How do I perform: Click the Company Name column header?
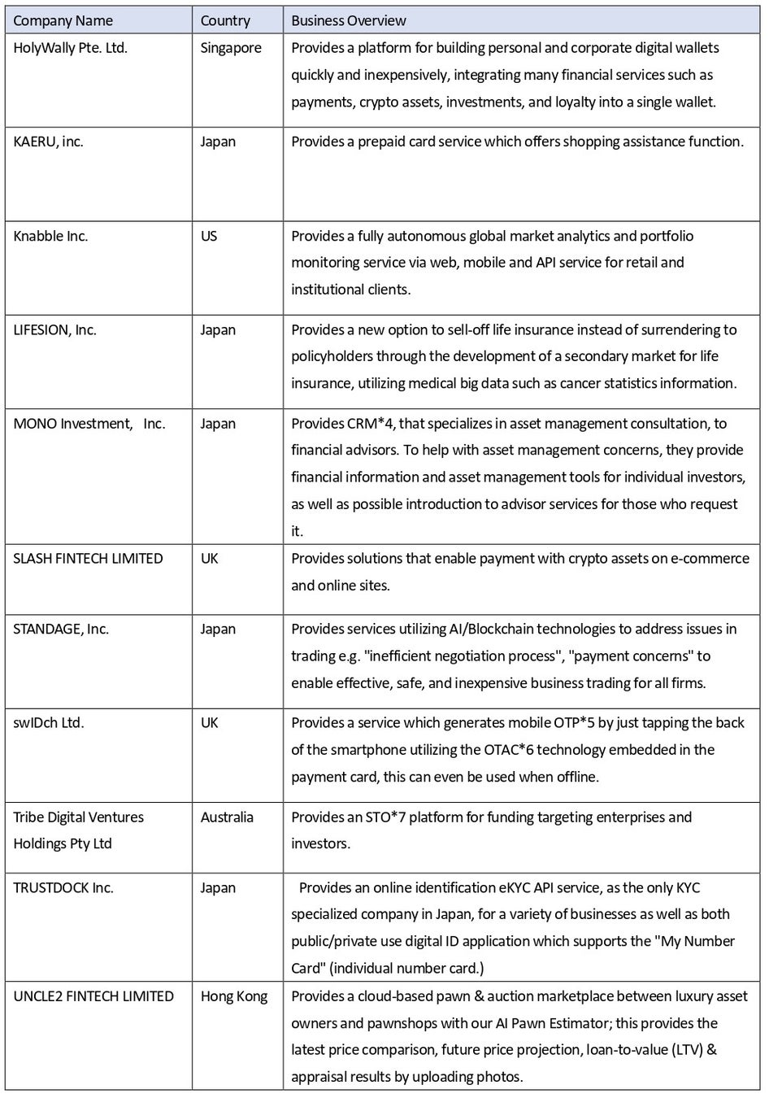[x=63, y=20]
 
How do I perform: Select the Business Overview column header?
[x=349, y=20]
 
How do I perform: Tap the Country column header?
[x=225, y=20]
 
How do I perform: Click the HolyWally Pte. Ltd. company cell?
[x=70, y=48]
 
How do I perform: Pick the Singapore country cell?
[x=231, y=48]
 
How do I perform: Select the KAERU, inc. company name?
[x=48, y=142]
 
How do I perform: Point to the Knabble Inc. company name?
[x=50, y=236]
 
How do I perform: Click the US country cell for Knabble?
[x=209, y=236]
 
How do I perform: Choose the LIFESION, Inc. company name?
[x=54, y=329]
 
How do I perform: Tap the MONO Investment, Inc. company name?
[x=89, y=423]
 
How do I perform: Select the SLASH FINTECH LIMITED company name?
[x=88, y=558]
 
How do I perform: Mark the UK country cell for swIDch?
[x=209, y=722]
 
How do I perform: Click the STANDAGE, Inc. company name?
[x=61, y=629]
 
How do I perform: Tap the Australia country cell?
[x=227, y=817]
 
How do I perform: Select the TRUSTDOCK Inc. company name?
[x=63, y=887]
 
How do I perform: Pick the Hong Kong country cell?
[x=234, y=996]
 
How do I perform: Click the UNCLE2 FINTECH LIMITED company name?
[x=93, y=996]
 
